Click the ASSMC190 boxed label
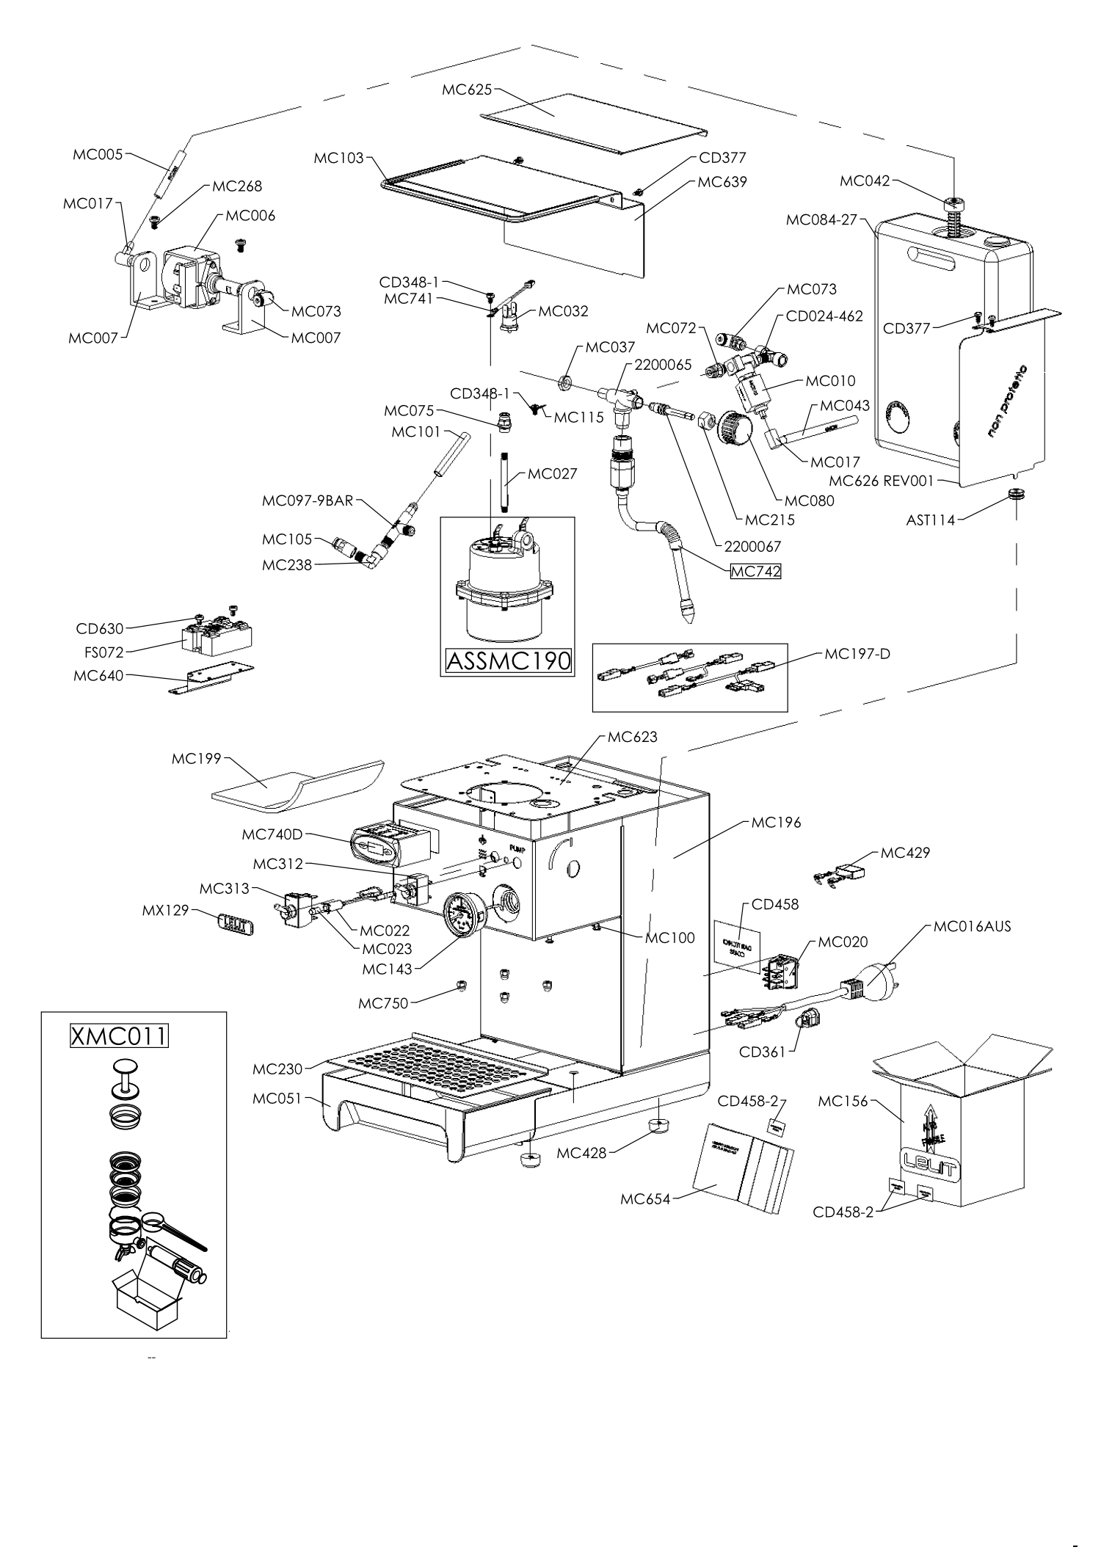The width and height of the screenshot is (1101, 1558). pos(508,660)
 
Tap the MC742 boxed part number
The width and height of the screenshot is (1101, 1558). pos(755,572)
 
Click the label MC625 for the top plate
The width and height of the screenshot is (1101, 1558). pos(468,90)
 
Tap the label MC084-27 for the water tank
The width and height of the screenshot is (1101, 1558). pos(821,219)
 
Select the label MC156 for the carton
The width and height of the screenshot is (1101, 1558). pos(843,1101)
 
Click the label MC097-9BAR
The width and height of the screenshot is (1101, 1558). pos(308,501)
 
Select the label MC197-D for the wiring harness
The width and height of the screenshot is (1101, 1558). pos(857,653)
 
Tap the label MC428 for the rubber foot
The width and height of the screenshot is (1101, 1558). pos(581,1153)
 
